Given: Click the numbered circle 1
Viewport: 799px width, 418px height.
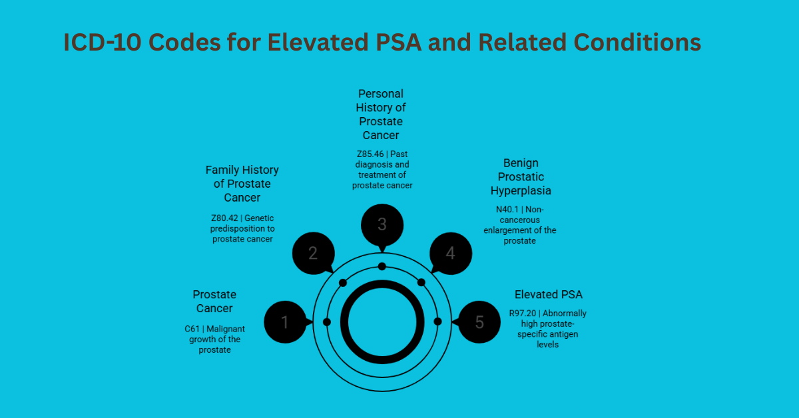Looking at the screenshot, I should pyautogui.click(x=285, y=322).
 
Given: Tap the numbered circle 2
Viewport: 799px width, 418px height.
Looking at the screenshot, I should pyautogui.click(x=313, y=253).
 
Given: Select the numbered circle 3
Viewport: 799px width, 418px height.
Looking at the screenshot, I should pyautogui.click(x=382, y=224).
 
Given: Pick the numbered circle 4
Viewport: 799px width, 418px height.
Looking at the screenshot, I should pyautogui.click(x=451, y=253).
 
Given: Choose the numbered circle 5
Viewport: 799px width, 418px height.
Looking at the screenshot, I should pyautogui.click(x=479, y=322).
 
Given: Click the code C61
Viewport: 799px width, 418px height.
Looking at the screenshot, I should pyautogui.click(x=191, y=329).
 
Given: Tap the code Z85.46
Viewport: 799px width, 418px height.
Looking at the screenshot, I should pyautogui.click(x=370, y=154).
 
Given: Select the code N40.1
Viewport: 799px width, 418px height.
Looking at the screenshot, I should pyautogui.click(x=507, y=209).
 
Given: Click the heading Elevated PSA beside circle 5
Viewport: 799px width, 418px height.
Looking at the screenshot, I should pyautogui.click(x=548, y=294).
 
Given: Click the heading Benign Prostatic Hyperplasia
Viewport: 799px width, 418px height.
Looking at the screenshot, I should pyautogui.click(x=521, y=177).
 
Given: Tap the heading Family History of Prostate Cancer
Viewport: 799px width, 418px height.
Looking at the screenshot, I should pyautogui.click(x=242, y=184).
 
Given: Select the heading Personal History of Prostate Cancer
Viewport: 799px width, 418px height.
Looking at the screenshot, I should pyautogui.click(x=381, y=114).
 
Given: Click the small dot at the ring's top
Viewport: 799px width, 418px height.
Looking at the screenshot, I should pyautogui.click(x=382, y=266).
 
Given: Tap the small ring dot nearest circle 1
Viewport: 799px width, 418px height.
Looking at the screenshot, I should pyautogui.click(x=326, y=322).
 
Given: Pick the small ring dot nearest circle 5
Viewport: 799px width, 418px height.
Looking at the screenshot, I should pyautogui.click(x=437, y=321).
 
